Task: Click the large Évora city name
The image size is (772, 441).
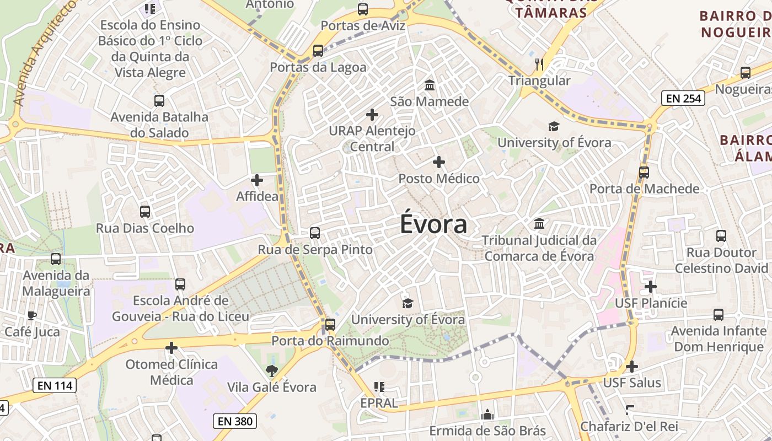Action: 433,224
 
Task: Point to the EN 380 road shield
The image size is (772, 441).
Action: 235,421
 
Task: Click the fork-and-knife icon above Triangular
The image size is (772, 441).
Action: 539,64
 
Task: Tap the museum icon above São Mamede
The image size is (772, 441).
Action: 429,85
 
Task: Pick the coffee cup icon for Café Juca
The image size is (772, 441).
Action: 31,316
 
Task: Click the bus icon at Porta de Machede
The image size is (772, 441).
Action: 644,173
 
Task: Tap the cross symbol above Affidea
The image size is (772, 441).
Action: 257,180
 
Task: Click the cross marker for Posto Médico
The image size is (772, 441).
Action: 439,162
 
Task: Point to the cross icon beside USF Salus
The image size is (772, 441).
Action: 632,367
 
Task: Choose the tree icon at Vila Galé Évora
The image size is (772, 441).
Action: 272,370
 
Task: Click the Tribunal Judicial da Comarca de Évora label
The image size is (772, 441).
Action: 539,249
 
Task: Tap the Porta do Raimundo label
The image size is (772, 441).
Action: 330,341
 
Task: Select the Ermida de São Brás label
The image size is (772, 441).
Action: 487,431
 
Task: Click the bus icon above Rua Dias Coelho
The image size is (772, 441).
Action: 145,212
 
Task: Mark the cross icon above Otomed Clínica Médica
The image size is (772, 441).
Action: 171,348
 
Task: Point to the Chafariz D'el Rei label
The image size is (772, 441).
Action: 629,426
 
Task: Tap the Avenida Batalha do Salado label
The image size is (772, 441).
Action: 159,125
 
